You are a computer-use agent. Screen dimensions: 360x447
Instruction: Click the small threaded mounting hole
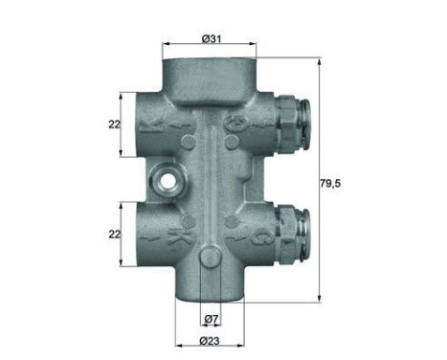pyautogui.click(x=168, y=178)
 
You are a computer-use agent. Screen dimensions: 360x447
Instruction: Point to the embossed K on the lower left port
pyautogui.click(x=175, y=234)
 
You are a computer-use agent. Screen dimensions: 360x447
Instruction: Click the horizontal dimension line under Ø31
pyautogui.click(x=211, y=45)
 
